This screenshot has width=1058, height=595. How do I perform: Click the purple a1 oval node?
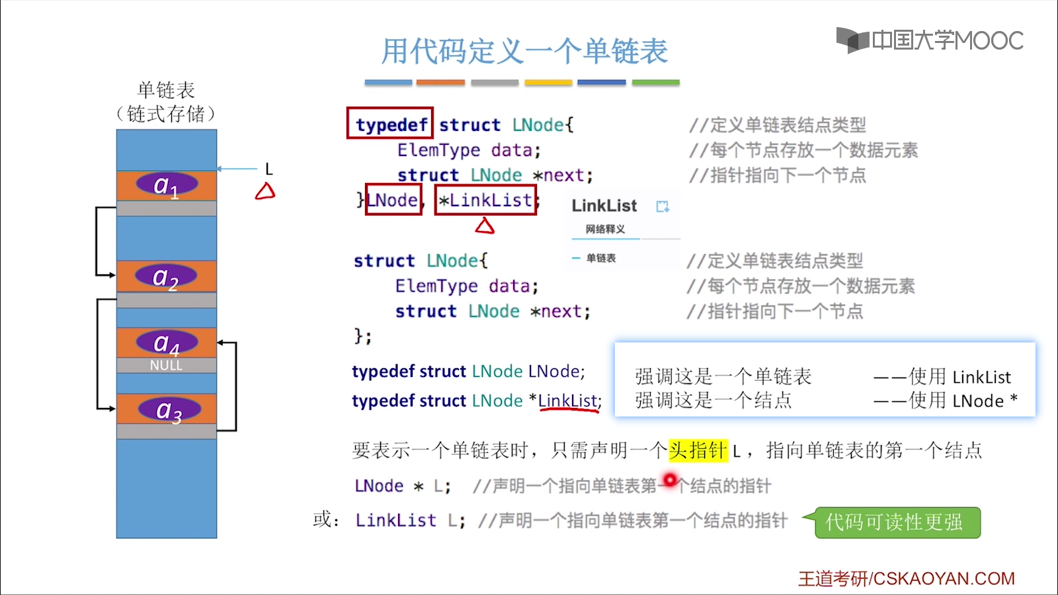(167, 184)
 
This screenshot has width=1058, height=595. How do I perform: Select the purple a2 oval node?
(166, 276)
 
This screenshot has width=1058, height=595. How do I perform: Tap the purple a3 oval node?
(169, 410)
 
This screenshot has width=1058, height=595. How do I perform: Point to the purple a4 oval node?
(167, 342)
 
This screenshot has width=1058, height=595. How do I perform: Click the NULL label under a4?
(166, 366)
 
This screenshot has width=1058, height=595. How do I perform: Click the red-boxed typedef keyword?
(390, 124)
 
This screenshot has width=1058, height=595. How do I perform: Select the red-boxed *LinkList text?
(485, 200)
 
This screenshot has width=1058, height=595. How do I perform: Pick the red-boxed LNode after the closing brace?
(393, 200)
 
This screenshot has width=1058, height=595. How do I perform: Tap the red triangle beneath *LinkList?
(485, 227)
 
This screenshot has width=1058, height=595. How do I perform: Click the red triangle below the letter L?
(265, 192)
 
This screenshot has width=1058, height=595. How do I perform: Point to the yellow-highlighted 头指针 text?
(698, 451)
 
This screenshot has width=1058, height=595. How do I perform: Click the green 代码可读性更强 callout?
(897, 522)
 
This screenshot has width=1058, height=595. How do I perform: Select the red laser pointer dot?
(670, 479)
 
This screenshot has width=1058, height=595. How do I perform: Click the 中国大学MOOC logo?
(930, 40)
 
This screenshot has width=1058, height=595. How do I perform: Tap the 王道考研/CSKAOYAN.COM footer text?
(906, 578)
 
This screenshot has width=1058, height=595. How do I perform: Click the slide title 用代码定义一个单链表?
(524, 51)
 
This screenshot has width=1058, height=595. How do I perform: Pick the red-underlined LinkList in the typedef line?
(567, 401)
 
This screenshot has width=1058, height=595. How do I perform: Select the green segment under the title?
(655, 83)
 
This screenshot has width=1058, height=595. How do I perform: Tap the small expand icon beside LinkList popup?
(663, 206)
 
